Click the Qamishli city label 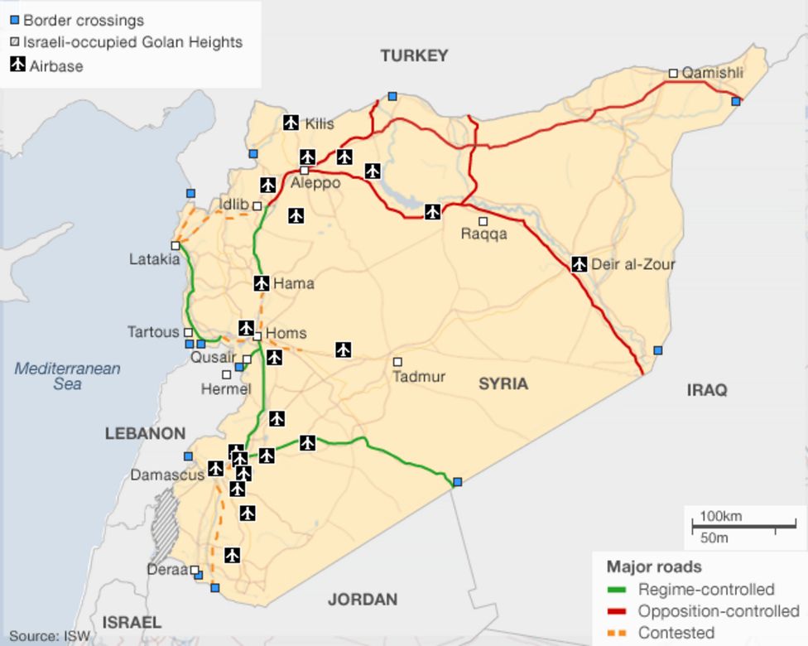[x=712, y=73]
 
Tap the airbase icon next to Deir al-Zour [x=580, y=265]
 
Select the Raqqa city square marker [x=483, y=221]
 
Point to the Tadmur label [x=419, y=377]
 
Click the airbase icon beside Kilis [x=291, y=123]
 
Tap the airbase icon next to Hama [x=262, y=283]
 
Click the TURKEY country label [x=414, y=55]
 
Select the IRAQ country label [x=706, y=389]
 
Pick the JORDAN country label [x=363, y=599]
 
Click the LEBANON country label [x=145, y=433]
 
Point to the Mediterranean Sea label [x=67, y=376]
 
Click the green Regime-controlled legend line [x=617, y=590]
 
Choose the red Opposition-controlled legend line [x=617, y=612]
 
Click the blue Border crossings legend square [x=14, y=20]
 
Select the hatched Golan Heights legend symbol [x=14, y=42]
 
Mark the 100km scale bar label [x=720, y=517]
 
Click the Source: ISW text [x=46, y=637]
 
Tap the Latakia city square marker [x=176, y=246]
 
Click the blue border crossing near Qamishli [x=736, y=101]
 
